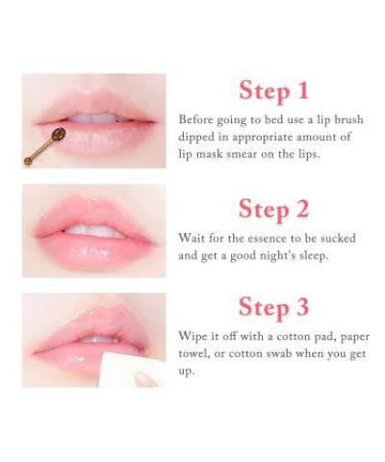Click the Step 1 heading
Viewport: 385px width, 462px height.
point(273,90)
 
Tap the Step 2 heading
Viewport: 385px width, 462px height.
point(273,209)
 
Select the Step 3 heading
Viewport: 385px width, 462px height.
point(273,307)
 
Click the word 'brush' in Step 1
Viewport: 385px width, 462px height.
point(349,119)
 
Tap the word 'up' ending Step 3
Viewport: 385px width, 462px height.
point(187,372)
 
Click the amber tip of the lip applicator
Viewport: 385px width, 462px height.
point(59,133)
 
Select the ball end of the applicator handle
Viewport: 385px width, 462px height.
point(28,162)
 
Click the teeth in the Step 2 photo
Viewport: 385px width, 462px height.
point(93,231)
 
